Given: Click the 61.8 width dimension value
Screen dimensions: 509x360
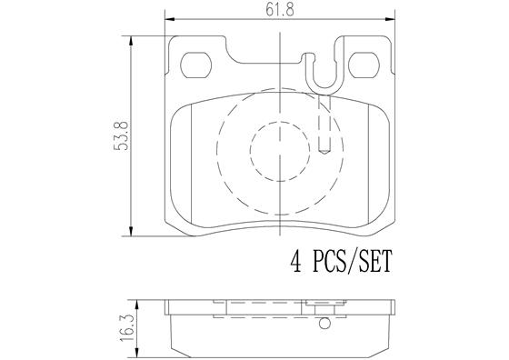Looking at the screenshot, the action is [280, 10].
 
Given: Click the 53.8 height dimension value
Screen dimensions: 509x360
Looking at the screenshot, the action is [121, 135].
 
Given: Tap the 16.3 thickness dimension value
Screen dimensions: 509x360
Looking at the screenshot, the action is [126, 328].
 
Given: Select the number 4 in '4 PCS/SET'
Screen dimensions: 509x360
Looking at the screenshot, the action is [295, 261].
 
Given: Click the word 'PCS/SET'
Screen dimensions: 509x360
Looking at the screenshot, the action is [353, 261].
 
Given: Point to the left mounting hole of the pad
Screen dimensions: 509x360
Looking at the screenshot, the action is [195, 65].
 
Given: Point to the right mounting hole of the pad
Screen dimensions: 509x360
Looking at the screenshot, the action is [364, 65].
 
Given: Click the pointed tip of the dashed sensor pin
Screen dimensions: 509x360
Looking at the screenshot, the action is [324, 154].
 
